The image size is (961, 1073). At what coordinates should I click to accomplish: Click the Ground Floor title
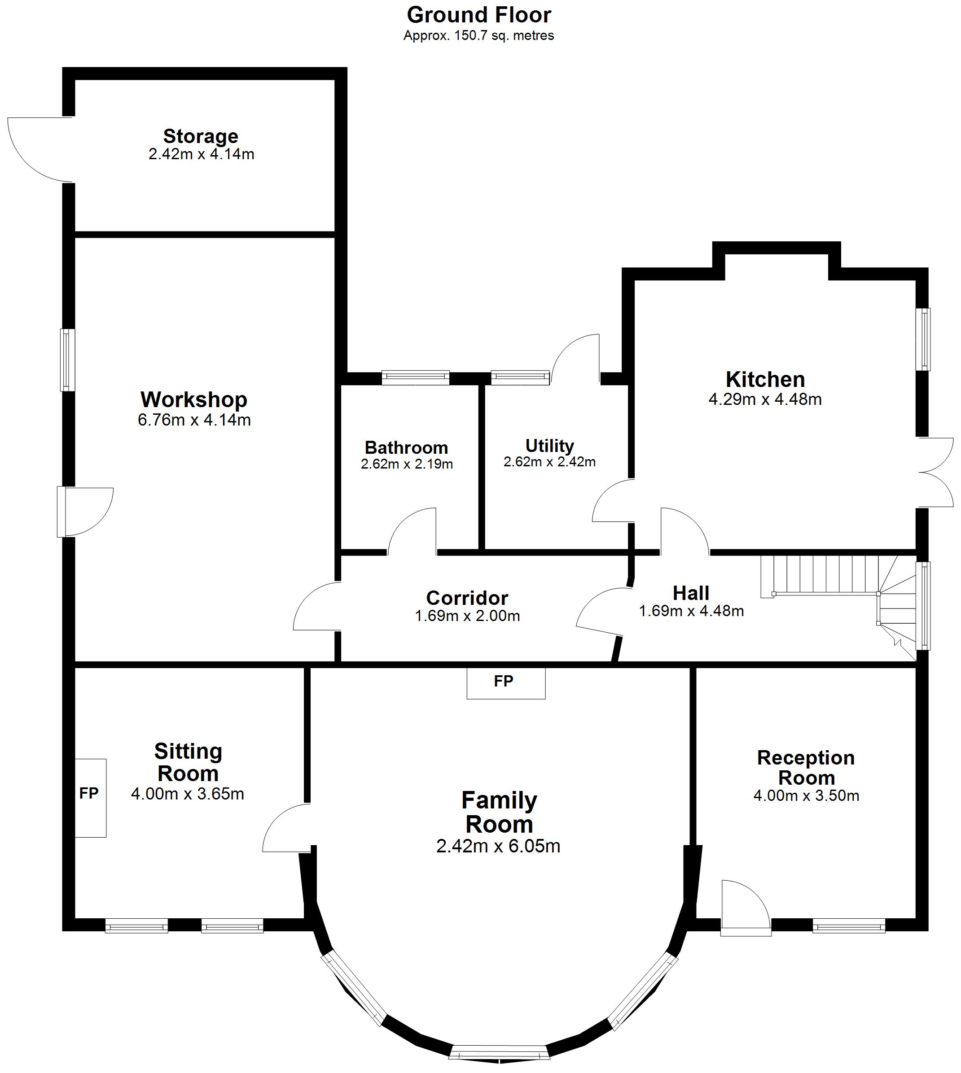(479, 15)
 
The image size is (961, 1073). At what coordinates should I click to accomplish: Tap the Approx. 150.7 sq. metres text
(479, 36)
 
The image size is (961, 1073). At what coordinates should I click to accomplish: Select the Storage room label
(201, 136)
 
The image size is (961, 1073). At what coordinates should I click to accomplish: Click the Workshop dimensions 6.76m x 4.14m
(194, 420)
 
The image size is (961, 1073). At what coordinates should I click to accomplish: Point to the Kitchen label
(765, 379)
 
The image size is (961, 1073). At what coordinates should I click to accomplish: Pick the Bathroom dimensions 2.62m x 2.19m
(407, 464)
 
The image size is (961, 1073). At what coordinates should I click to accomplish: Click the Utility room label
(550, 446)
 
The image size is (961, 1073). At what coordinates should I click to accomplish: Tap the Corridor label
(467, 598)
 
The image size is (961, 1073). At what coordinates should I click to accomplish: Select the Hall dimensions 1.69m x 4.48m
(692, 611)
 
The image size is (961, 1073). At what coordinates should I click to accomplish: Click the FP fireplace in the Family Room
(506, 682)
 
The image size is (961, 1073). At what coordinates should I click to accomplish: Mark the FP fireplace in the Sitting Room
(90, 798)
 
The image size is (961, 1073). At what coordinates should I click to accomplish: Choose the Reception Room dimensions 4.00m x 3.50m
(806, 795)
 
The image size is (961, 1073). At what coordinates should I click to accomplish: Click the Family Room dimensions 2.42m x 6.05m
(498, 846)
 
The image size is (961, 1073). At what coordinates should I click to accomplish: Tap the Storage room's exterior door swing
(39, 149)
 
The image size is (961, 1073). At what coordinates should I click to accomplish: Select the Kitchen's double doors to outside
(936, 472)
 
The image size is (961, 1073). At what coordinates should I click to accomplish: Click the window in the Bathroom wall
(416, 378)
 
